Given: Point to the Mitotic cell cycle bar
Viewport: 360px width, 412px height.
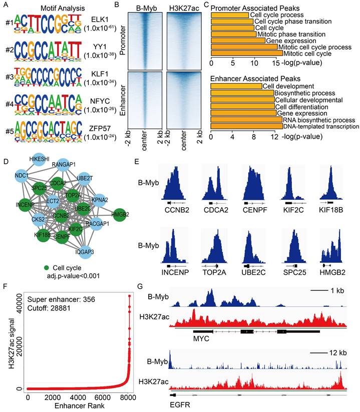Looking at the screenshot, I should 247,53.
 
